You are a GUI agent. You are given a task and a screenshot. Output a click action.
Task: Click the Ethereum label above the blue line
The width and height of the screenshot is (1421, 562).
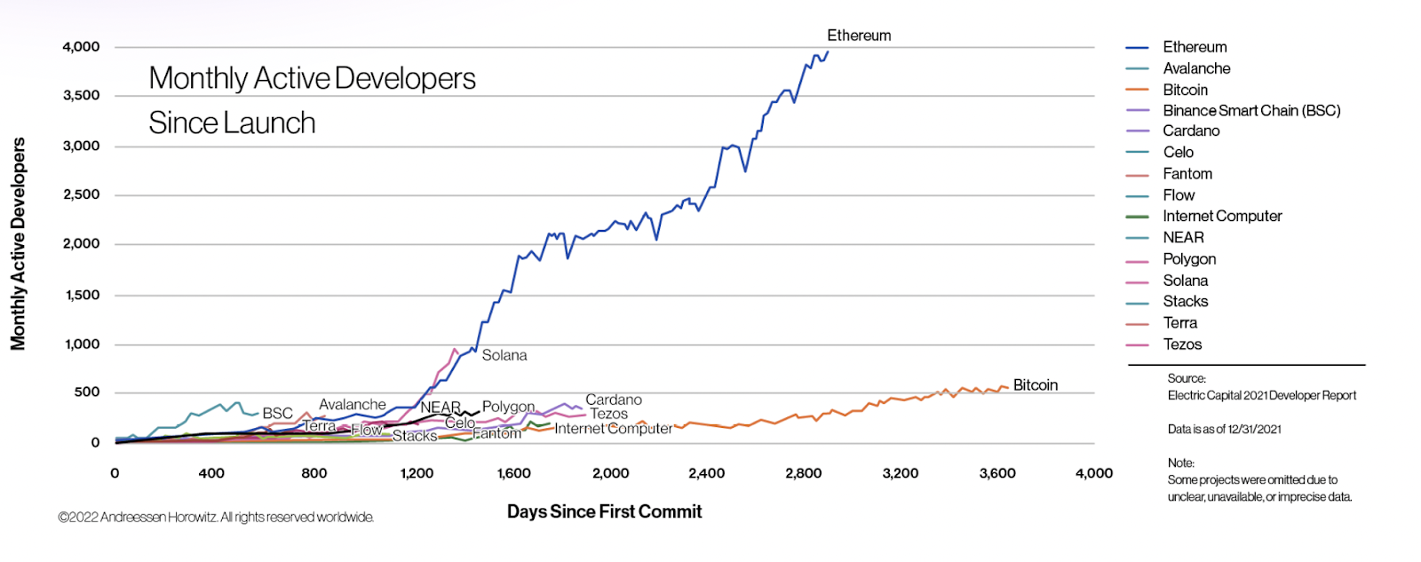(x=858, y=36)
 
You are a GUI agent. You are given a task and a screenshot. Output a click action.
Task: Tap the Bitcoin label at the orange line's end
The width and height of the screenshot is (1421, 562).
(x=1035, y=385)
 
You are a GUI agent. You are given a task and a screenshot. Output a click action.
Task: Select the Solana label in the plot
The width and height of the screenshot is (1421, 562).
(x=504, y=355)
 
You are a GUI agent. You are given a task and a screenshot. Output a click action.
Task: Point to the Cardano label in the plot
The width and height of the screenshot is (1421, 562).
(x=613, y=400)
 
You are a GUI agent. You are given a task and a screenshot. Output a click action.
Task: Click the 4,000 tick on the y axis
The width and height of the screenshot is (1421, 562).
(x=81, y=47)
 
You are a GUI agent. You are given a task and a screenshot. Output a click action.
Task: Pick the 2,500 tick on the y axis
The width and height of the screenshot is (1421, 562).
(x=81, y=194)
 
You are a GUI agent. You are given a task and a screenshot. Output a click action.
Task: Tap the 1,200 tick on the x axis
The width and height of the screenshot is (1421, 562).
(x=417, y=473)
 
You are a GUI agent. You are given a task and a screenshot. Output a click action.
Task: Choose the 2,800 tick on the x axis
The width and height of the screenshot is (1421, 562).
(x=803, y=473)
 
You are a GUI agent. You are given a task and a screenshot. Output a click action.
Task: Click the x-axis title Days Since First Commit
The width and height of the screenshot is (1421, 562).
(x=604, y=511)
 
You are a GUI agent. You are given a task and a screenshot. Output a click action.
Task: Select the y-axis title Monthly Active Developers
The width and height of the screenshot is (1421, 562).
(x=18, y=244)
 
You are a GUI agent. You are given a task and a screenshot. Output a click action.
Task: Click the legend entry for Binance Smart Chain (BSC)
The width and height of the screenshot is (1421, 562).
(x=1250, y=111)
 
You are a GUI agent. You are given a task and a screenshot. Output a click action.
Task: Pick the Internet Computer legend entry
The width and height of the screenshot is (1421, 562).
(x=1222, y=216)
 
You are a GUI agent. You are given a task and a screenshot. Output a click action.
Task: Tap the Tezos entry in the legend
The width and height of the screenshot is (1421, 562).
(x=1182, y=344)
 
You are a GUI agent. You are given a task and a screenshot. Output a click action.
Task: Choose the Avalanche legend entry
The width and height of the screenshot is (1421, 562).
(x=1196, y=68)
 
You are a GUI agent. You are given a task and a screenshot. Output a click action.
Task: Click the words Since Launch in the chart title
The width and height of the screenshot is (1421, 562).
(x=232, y=123)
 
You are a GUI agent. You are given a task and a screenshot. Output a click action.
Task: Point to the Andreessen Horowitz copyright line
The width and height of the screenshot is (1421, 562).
(x=216, y=517)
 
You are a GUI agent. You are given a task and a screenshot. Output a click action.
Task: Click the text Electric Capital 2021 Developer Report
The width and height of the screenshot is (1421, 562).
(x=1261, y=396)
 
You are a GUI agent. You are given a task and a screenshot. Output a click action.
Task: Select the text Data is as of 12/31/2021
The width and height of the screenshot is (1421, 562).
(x=1224, y=430)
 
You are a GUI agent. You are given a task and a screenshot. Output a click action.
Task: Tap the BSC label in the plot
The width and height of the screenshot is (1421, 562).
(x=277, y=414)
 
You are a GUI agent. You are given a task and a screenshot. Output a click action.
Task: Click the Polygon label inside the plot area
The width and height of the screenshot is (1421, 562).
(x=508, y=407)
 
